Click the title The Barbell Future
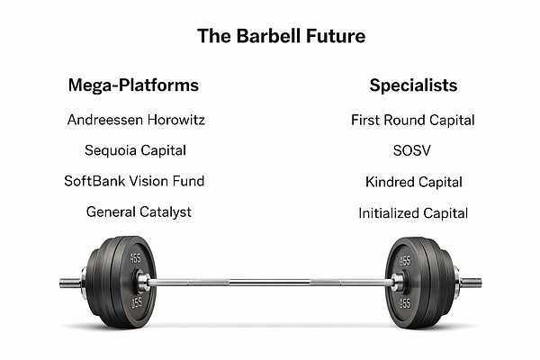(282, 36)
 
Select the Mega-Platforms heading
(133, 85)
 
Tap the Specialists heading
(413, 85)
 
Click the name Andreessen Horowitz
(136, 120)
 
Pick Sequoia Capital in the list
(135, 150)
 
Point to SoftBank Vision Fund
(134, 181)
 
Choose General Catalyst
(139, 212)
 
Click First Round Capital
(413, 121)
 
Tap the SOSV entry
(412, 150)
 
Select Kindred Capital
(414, 182)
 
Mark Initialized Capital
(413, 213)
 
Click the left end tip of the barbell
(60, 283)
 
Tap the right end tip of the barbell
(481, 283)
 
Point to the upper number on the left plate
(135, 259)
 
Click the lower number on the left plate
(137, 302)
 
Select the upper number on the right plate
(405, 260)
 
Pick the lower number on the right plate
(405, 303)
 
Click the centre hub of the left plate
(142, 281)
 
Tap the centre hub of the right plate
(398, 282)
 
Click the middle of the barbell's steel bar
(270, 283)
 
